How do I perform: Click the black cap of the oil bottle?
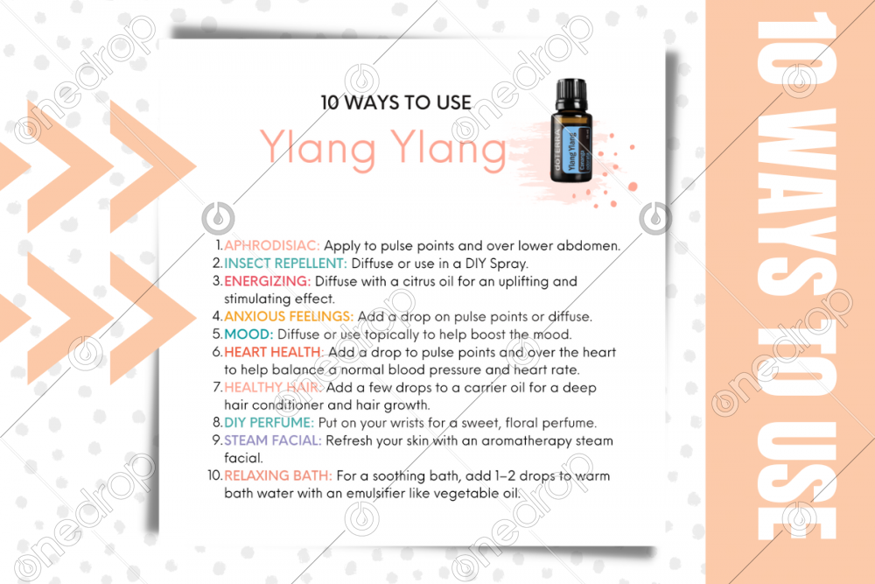coord(570,95)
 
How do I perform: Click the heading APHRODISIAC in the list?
coord(272,246)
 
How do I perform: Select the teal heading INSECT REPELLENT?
coord(285,263)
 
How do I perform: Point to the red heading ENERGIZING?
coord(267,281)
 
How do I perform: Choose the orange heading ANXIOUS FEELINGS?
coord(289,317)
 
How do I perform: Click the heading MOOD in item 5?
coord(248,334)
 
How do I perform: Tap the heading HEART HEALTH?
coord(273,352)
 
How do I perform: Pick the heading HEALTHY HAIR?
coord(273,388)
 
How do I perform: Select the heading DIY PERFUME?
coord(269,423)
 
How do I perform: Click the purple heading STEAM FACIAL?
coord(273,440)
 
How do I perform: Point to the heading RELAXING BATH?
coord(278,475)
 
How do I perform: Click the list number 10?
coord(215,475)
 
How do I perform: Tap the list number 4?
coord(217,317)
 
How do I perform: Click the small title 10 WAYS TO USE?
coord(396,102)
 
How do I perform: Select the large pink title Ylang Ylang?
coord(383,149)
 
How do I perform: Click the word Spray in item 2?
coord(508,264)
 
